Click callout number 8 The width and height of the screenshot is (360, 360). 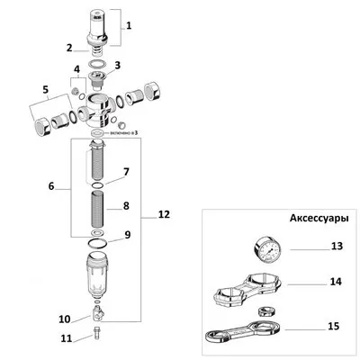pyautogui.click(x=126, y=206)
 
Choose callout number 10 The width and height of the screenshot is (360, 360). pyautogui.click(x=64, y=319)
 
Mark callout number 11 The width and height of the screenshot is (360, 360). pyautogui.click(x=64, y=338)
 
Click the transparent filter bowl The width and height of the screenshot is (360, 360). pyautogui.click(x=96, y=282)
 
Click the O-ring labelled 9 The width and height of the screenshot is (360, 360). pyautogui.click(x=96, y=241)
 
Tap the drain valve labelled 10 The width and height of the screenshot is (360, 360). pyautogui.click(x=97, y=314)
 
